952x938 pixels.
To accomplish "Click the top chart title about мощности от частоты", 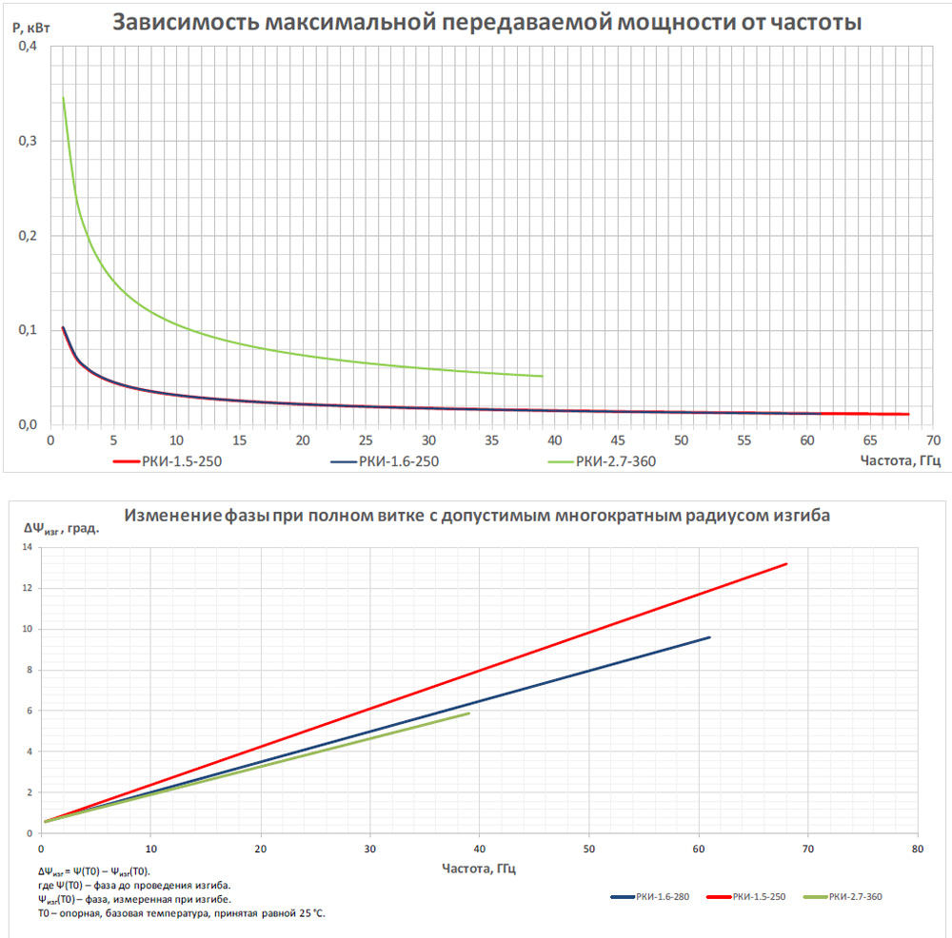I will coord(486,22).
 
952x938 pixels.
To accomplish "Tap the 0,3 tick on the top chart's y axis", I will coord(30,141).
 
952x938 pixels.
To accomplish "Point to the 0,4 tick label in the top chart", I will coord(30,47).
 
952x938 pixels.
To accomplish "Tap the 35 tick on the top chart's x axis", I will coord(491,441).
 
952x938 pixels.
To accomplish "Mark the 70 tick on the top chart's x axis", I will coord(933,441).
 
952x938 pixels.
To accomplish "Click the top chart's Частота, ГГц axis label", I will coord(900,460).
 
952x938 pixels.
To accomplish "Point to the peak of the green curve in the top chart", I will coord(63,97).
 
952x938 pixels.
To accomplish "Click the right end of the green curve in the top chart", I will coord(542,376).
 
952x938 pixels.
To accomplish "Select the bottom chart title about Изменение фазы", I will coord(477,516).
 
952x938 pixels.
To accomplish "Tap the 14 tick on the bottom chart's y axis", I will coord(29,547).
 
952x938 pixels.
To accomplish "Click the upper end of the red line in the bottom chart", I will coord(786,564).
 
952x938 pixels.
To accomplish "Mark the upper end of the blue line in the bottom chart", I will coord(709,637).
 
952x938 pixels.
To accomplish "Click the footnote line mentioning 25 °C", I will coord(181,913).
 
